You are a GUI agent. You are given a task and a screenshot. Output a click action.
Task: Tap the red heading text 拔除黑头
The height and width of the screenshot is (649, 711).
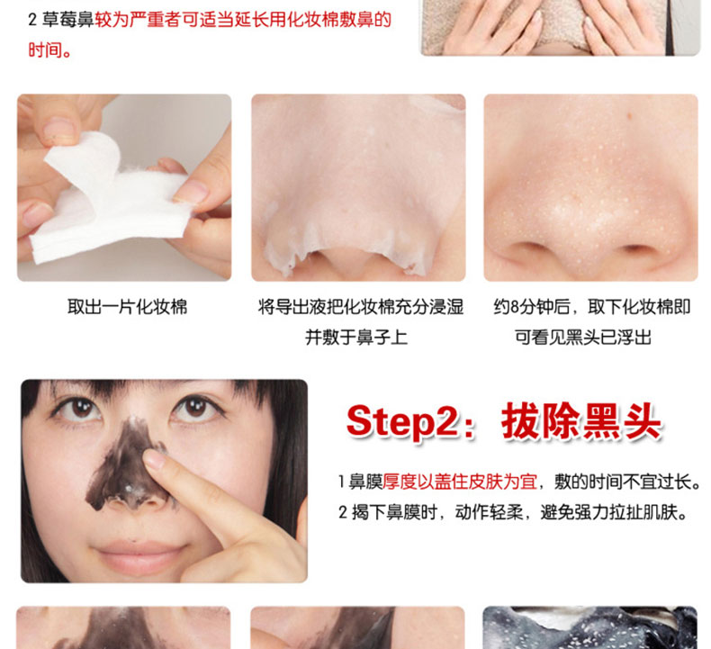pos(581,421)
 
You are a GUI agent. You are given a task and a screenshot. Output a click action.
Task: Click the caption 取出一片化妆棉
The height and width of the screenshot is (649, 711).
pos(128,307)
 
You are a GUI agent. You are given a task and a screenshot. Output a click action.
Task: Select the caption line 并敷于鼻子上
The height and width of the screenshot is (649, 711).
pos(356,338)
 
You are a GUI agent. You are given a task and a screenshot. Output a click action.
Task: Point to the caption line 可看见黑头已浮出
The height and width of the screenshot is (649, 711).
pos(583,338)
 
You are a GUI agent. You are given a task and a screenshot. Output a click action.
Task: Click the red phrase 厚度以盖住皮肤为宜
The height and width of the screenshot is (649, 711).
pos(460,482)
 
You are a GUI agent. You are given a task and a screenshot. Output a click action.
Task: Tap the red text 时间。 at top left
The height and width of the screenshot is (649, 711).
pos(49,50)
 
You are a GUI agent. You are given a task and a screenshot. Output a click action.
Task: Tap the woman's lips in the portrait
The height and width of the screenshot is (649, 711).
pos(139,556)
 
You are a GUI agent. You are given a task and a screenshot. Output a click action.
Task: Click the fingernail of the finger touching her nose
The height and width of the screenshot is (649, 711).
pos(154,459)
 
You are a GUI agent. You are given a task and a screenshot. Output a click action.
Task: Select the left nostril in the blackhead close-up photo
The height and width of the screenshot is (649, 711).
pos(527,249)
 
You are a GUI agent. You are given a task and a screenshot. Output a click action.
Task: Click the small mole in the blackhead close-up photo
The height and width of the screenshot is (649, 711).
pos(629,115)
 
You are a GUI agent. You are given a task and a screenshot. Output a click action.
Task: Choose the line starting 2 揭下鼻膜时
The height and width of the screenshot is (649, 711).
pos(513,512)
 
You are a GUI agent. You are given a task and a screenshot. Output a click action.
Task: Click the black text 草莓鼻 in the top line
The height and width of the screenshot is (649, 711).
pos(67,20)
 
